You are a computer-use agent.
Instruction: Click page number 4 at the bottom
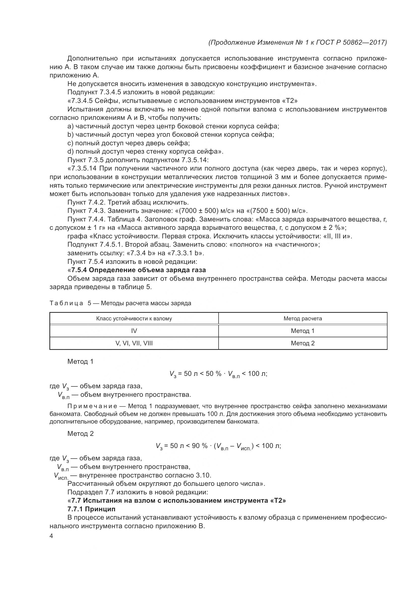51,536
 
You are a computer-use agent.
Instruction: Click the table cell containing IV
134,331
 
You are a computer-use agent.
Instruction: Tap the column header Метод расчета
303,318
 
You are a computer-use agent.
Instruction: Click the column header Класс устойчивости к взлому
134,318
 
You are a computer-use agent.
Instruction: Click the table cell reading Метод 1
303,331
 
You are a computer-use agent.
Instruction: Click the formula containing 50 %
218,374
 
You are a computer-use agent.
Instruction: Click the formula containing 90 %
218,446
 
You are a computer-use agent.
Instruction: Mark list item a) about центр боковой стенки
173,126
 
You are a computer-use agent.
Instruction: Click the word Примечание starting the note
92,406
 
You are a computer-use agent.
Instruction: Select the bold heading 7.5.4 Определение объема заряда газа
138,270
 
